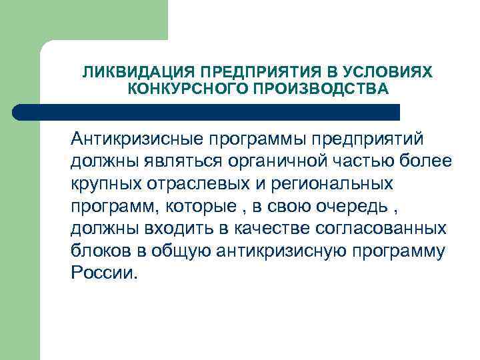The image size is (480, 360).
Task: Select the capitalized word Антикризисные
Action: pos(139,139)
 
